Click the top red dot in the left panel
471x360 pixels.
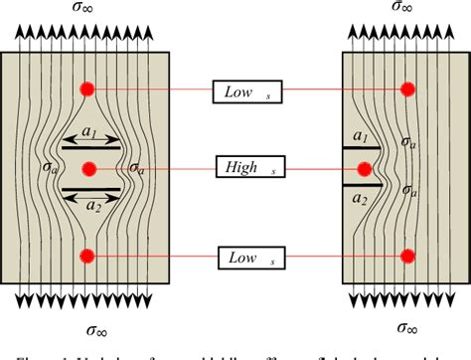point(88,89)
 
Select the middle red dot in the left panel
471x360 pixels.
point(89,168)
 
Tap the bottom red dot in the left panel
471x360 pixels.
point(88,257)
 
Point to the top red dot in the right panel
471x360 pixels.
point(406,90)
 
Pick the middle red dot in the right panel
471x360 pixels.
point(406,168)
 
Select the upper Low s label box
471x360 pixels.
point(247,93)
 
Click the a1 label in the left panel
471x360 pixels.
point(89,132)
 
